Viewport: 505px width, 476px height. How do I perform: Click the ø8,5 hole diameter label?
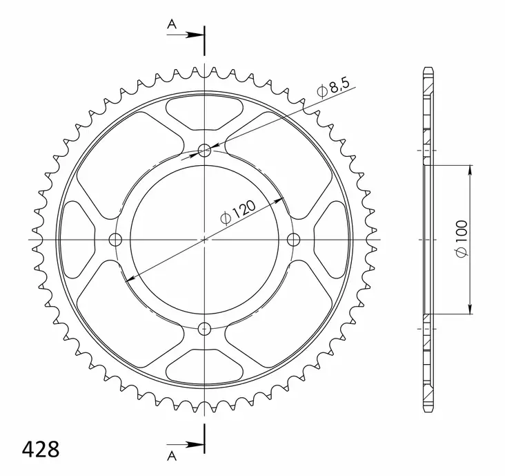tap(334, 88)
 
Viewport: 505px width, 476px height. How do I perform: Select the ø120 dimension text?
tap(239, 211)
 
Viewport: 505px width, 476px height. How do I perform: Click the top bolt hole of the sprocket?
tap(204, 151)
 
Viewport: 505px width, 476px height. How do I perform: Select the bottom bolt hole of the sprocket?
tap(204, 328)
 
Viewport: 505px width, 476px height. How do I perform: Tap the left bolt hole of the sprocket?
tap(115, 240)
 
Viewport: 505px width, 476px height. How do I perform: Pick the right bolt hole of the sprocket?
tap(293, 240)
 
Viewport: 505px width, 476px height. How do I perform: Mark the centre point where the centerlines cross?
tap(204, 240)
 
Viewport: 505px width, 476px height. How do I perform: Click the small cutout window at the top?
tap(204, 113)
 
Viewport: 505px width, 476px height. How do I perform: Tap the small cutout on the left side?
tap(77, 240)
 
